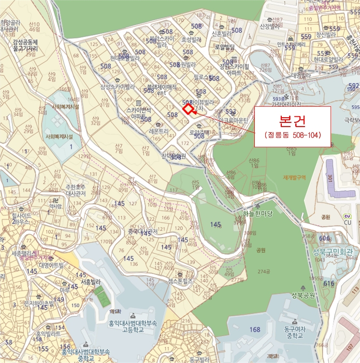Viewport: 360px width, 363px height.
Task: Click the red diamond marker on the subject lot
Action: tap(188, 108)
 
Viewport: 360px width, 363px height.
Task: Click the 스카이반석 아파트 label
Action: tap(138, 113)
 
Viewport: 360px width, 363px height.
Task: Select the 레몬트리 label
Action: tap(156, 132)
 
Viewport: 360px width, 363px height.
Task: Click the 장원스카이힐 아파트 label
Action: tap(234, 69)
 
